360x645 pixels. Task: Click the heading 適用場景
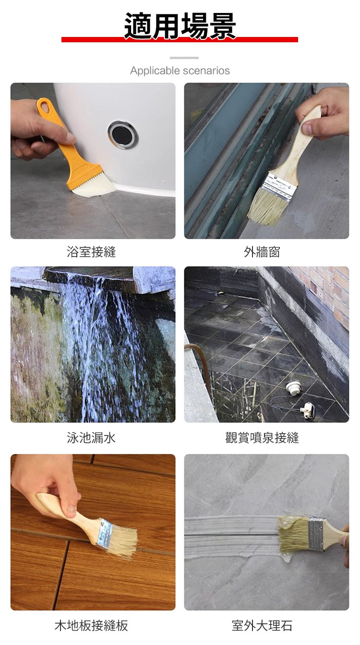click(180, 25)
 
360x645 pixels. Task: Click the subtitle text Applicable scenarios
click(180, 71)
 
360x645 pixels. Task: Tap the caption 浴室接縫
click(91, 252)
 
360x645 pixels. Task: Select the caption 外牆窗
click(262, 252)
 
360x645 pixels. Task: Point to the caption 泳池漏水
click(91, 438)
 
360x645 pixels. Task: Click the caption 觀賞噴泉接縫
click(262, 438)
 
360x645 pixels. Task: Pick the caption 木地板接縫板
click(91, 625)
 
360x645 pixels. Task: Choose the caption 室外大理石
click(262, 625)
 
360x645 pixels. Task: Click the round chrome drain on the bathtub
click(122, 134)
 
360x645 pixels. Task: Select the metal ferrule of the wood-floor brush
click(105, 533)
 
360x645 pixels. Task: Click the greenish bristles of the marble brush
click(294, 534)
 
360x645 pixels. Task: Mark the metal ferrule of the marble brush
click(316, 534)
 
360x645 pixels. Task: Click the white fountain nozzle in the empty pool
click(293, 387)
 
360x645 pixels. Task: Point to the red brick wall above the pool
click(326, 288)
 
